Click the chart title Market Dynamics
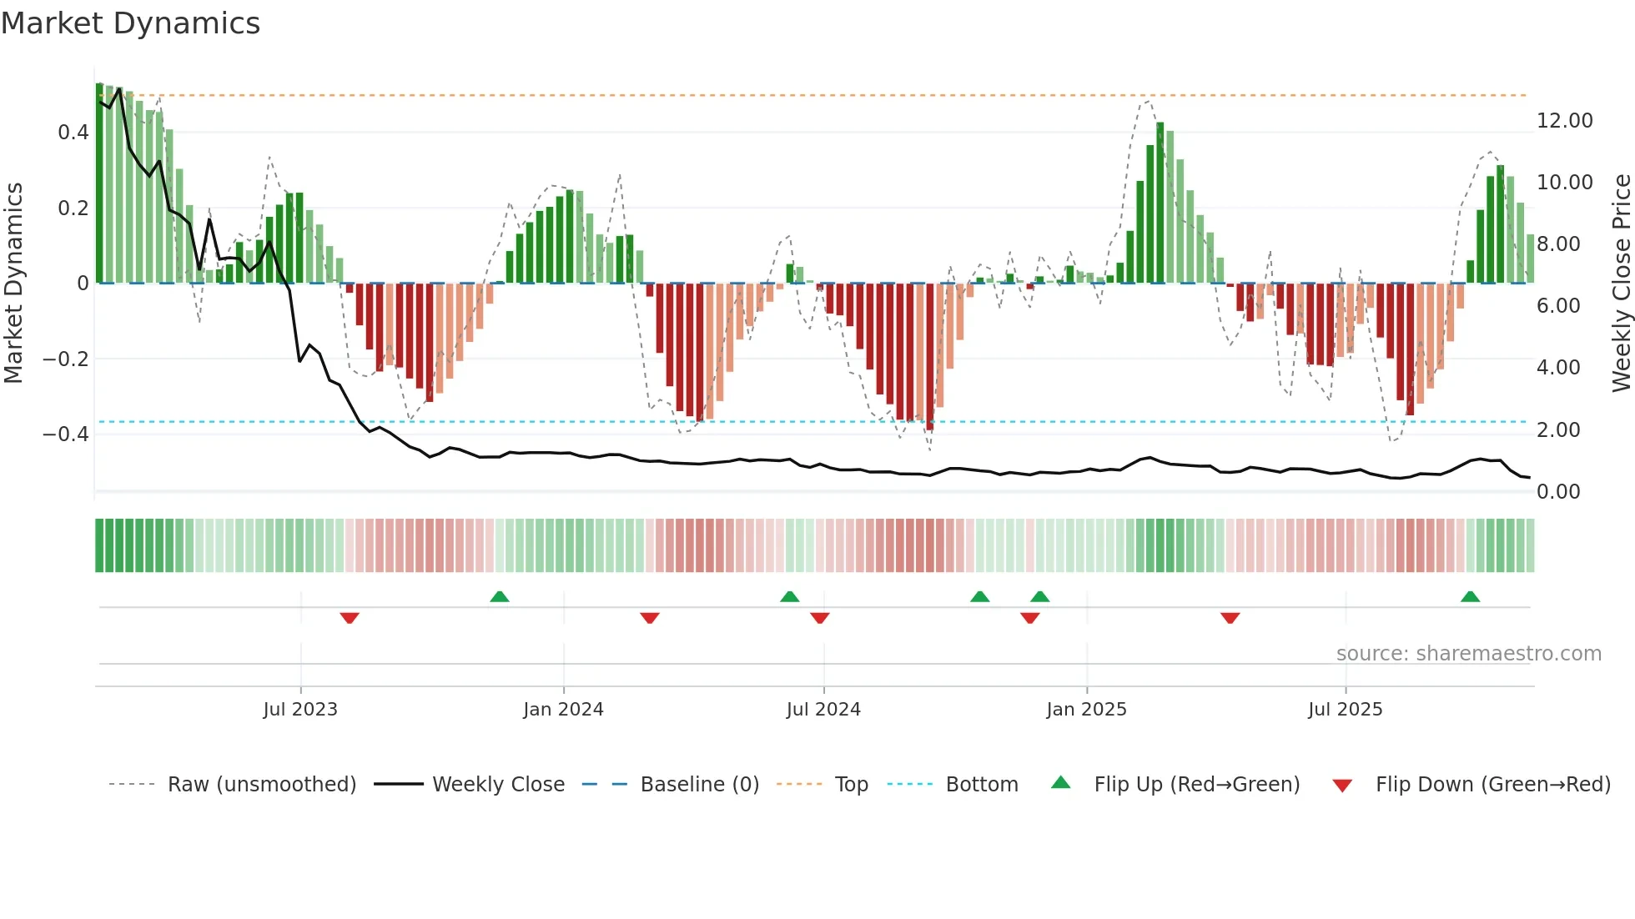coord(130,23)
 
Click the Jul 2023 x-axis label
coord(300,709)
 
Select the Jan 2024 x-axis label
coord(563,709)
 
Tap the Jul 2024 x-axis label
coord(823,709)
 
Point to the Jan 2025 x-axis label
coord(1086,709)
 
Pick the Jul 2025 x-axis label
coord(1345,709)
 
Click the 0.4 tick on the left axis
coord(73,133)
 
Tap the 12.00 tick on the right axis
coord(1564,121)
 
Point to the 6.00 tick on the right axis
coord(1558,306)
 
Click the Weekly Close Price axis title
coord(1621,283)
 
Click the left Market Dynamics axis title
coord(13,283)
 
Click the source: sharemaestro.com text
coord(1468,654)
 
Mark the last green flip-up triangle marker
coord(1470,597)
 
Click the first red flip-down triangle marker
coord(350,618)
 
